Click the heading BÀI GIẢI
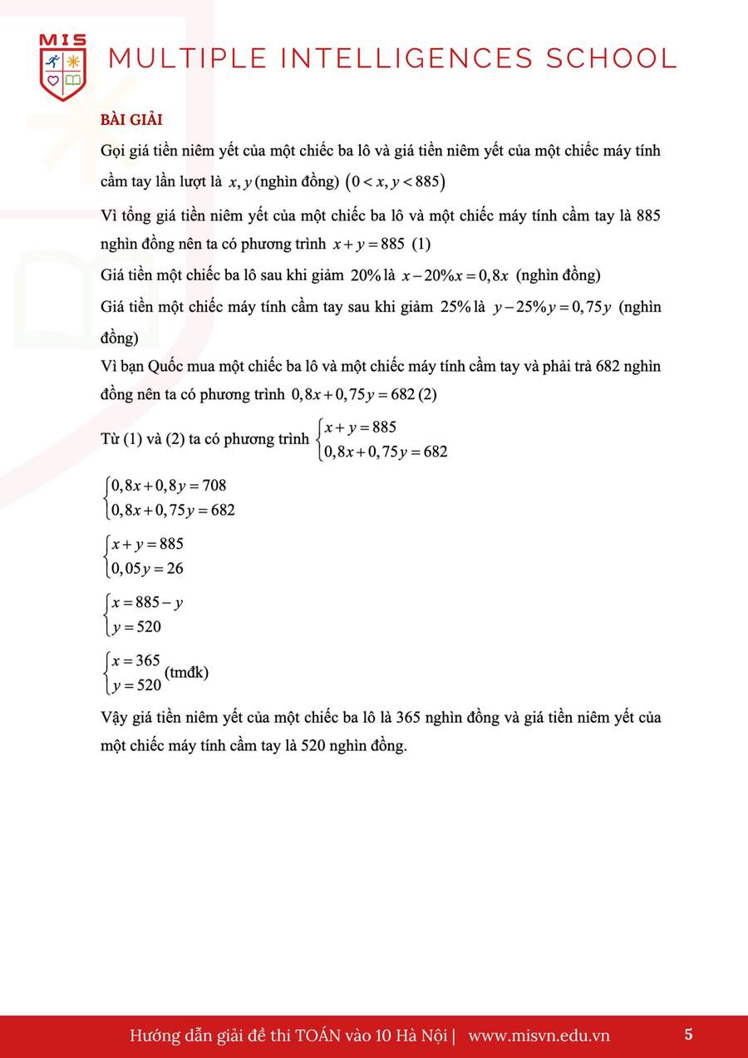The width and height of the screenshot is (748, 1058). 131,121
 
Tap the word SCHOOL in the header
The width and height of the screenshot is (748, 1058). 612,58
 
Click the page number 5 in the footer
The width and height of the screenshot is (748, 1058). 688,1035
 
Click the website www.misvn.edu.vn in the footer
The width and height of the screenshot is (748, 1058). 539,1036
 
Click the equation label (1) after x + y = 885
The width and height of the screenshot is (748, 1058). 421,245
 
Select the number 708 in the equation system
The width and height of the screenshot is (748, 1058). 214,486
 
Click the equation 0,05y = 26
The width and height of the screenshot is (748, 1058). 147,569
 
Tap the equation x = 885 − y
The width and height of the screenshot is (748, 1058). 147,602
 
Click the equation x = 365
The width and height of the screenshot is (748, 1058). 135,661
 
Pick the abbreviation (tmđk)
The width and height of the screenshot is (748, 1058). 187,672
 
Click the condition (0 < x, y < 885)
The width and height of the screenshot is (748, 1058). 396,182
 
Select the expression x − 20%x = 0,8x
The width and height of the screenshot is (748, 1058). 455,276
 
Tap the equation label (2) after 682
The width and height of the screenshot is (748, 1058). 428,394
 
